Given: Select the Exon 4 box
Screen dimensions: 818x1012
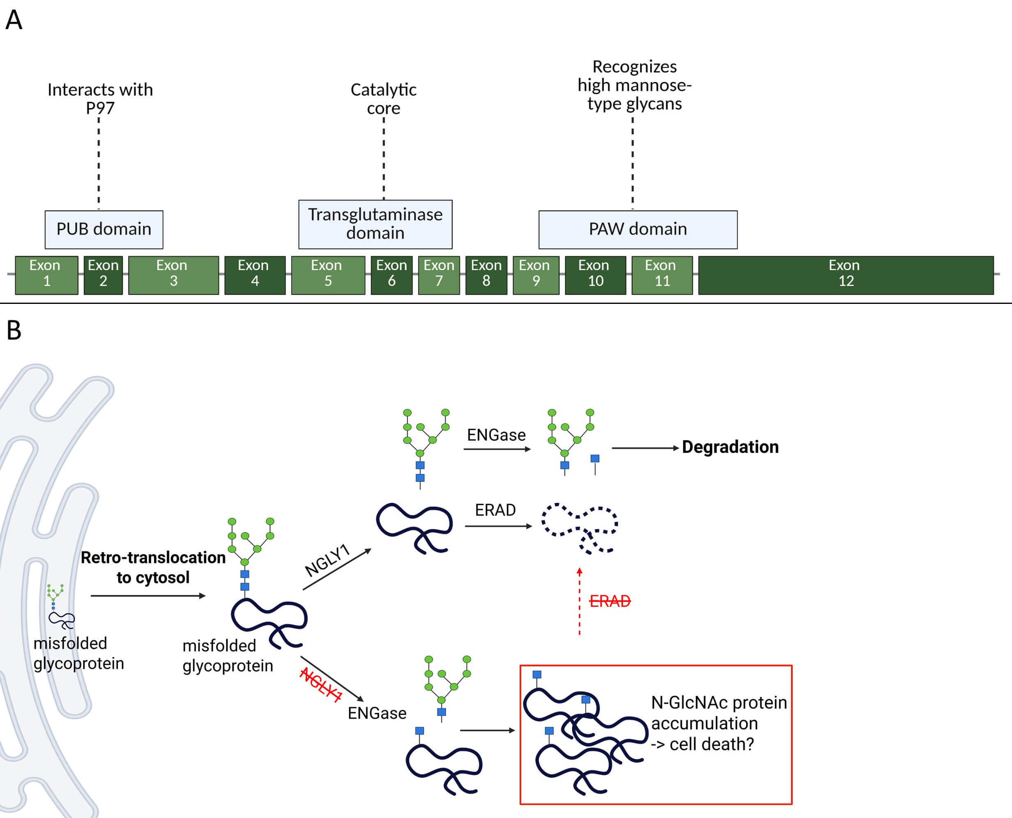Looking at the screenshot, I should coord(255,275).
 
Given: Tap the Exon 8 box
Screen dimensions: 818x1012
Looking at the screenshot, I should coord(486,275).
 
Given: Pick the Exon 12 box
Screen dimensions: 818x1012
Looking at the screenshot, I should coord(846,275).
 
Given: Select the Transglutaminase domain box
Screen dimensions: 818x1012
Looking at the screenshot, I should coord(375,224).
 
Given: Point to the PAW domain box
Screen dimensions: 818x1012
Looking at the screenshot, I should coord(638,230).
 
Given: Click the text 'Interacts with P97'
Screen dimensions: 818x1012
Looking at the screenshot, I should coord(100,99).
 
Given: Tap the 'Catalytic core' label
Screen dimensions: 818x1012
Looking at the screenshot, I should coord(383,99).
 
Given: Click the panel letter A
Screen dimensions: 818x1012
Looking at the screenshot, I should coord(14,20).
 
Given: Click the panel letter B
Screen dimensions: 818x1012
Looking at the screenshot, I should coord(14,330).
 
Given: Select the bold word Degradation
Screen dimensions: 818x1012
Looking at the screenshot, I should coord(730,447).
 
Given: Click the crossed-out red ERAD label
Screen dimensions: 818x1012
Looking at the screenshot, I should coord(610,601).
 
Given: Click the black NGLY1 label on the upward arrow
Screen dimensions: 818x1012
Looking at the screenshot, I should coord(328,560).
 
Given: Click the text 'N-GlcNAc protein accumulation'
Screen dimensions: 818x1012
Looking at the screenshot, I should coord(718,713).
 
